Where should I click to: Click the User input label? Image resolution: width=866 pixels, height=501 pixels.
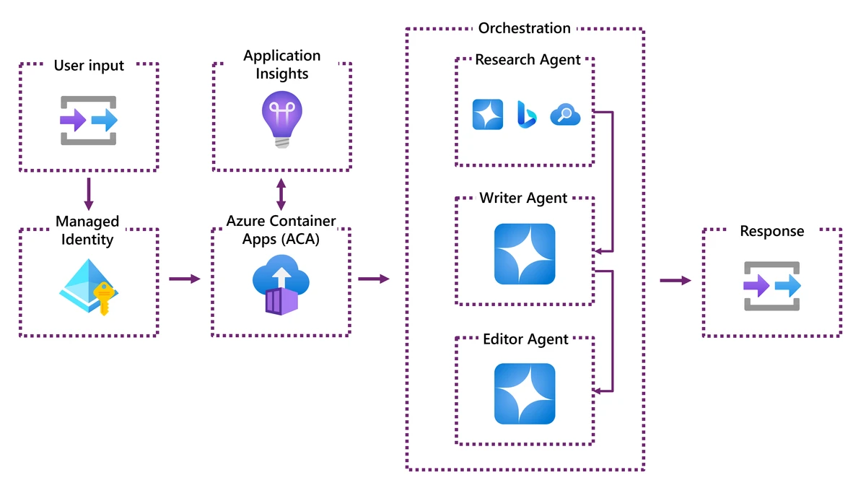click(89, 66)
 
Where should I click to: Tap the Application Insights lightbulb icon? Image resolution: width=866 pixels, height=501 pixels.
click(281, 119)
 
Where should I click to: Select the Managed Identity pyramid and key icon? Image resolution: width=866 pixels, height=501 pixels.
click(88, 286)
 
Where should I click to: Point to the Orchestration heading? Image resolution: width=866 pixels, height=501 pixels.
click(525, 28)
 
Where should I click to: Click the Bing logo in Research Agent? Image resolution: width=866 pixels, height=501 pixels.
click(525, 114)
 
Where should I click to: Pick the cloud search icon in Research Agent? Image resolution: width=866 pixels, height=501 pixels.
click(565, 114)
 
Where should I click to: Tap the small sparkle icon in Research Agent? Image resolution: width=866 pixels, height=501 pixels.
click(488, 114)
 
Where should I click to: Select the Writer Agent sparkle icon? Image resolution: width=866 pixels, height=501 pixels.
click(525, 254)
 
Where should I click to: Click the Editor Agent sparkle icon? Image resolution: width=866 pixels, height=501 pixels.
click(525, 393)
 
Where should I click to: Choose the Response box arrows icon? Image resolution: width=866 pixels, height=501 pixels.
click(772, 287)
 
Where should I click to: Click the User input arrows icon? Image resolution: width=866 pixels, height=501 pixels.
click(89, 120)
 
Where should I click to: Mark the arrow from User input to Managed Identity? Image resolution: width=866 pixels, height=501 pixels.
click(89, 193)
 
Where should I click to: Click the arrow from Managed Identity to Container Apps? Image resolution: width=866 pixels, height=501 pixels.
click(185, 279)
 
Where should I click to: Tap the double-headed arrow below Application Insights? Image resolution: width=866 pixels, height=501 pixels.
click(281, 195)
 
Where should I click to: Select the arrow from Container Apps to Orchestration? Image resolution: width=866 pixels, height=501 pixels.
click(373, 279)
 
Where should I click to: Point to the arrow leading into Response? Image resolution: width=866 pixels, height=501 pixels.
click(675, 280)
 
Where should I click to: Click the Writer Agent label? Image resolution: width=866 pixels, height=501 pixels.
click(523, 198)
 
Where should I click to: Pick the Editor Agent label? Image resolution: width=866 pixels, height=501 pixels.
click(525, 339)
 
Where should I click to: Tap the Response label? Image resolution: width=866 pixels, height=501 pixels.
click(771, 231)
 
